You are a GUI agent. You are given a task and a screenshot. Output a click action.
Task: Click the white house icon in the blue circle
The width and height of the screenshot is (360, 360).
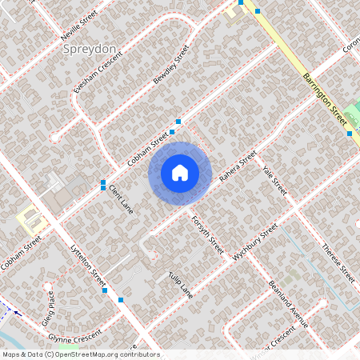180,173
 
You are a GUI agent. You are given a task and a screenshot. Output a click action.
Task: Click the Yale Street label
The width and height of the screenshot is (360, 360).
274,181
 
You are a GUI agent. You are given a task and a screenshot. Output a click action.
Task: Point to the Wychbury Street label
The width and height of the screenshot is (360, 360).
254,243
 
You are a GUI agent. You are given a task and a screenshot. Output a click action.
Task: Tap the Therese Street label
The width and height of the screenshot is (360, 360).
337,262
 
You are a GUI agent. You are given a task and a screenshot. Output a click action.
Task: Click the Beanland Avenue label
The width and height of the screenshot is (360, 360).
287,304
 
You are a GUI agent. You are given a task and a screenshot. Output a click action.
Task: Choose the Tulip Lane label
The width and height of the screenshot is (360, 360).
181,286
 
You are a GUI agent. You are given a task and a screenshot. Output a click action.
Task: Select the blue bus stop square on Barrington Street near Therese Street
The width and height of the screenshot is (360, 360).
350,134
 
